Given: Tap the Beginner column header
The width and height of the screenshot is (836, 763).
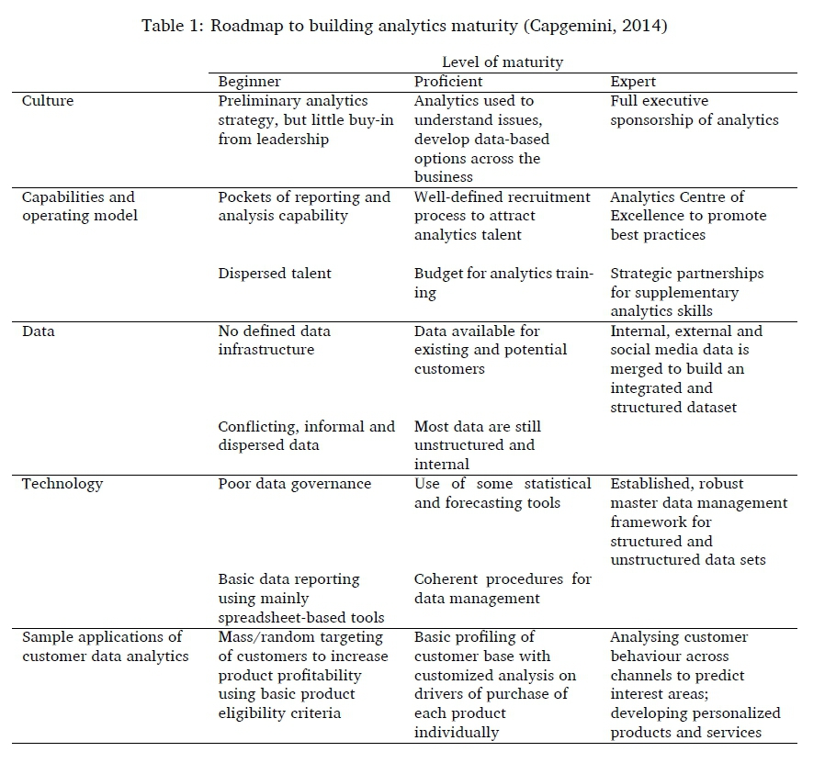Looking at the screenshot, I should (x=249, y=82).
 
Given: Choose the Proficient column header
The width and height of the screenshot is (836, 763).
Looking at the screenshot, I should (x=448, y=82).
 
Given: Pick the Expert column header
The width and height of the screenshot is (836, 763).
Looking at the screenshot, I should (x=633, y=82).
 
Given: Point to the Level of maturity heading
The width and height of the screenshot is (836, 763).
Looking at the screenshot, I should (x=502, y=62).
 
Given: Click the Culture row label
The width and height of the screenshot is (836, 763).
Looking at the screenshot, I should (x=47, y=101).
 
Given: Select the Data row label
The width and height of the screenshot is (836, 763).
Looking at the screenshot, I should (x=38, y=331).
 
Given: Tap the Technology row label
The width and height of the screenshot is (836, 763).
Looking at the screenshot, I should (x=62, y=484).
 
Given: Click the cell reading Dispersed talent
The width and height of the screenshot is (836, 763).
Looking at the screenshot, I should (x=275, y=273).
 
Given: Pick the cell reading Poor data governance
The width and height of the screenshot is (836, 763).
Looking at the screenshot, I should (x=294, y=484).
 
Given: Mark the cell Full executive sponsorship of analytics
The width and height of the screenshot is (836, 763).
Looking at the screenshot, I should (x=694, y=110).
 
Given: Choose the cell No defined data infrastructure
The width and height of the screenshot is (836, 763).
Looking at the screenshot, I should (x=274, y=340).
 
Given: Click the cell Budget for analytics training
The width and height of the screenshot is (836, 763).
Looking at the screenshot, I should (x=503, y=283).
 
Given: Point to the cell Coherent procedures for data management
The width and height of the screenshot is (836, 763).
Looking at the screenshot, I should (x=503, y=589).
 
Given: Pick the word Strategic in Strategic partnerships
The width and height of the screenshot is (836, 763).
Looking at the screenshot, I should (x=642, y=274).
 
